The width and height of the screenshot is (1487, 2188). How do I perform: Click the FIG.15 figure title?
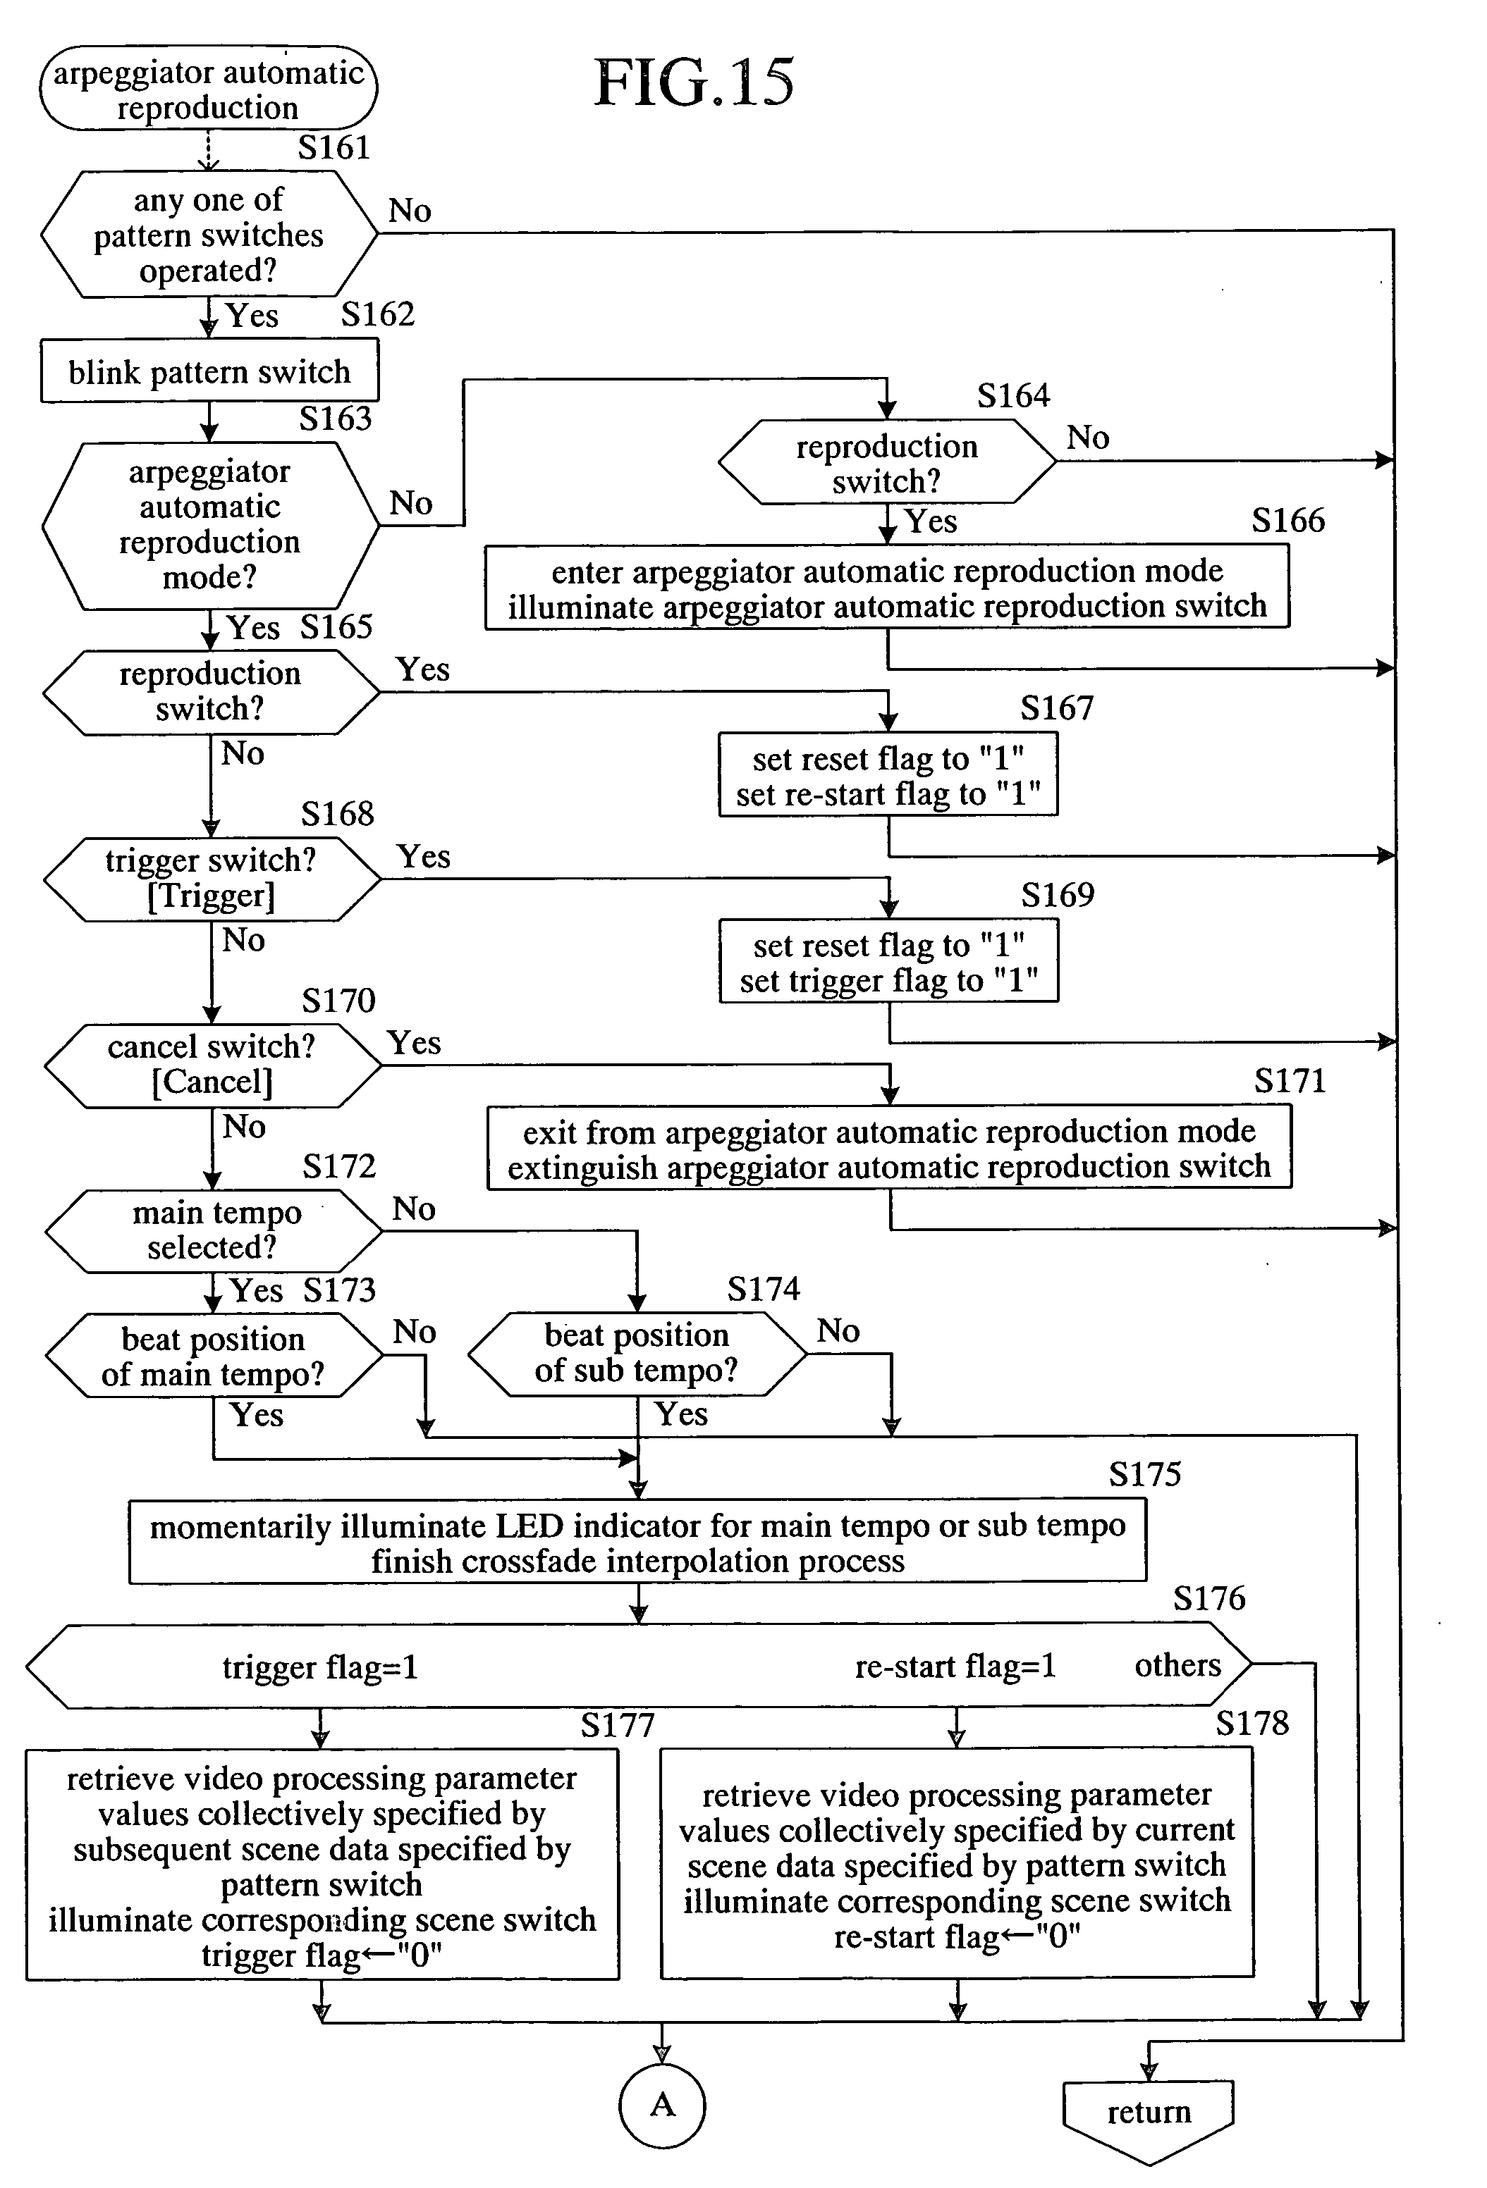(694, 83)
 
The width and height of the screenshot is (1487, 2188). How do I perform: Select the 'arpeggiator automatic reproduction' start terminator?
(208, 89)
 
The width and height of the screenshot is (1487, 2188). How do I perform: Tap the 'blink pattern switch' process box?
(209, 372)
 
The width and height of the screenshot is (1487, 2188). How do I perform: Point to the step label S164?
(1013, 395)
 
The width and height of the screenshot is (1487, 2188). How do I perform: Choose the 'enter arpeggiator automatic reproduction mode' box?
(887, 588)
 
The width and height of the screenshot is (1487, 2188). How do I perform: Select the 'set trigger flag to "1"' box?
(889, 961)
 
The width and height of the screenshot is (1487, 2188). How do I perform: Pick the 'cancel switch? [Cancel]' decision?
(213, 1065)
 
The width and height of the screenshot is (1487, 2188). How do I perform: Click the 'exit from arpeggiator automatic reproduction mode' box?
(889, 1148)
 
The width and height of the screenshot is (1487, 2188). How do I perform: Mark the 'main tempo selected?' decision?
(214, 1230)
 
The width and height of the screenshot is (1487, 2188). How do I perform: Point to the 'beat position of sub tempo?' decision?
(637, 1353)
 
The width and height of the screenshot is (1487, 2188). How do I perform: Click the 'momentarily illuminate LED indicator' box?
(637, 1542)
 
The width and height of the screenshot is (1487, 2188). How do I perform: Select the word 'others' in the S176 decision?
(1177, 1665)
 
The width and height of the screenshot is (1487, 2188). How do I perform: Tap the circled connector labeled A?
(662, 2105)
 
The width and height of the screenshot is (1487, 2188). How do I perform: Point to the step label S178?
(1252, 1724)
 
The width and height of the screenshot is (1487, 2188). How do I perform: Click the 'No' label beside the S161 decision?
(410, 210)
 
